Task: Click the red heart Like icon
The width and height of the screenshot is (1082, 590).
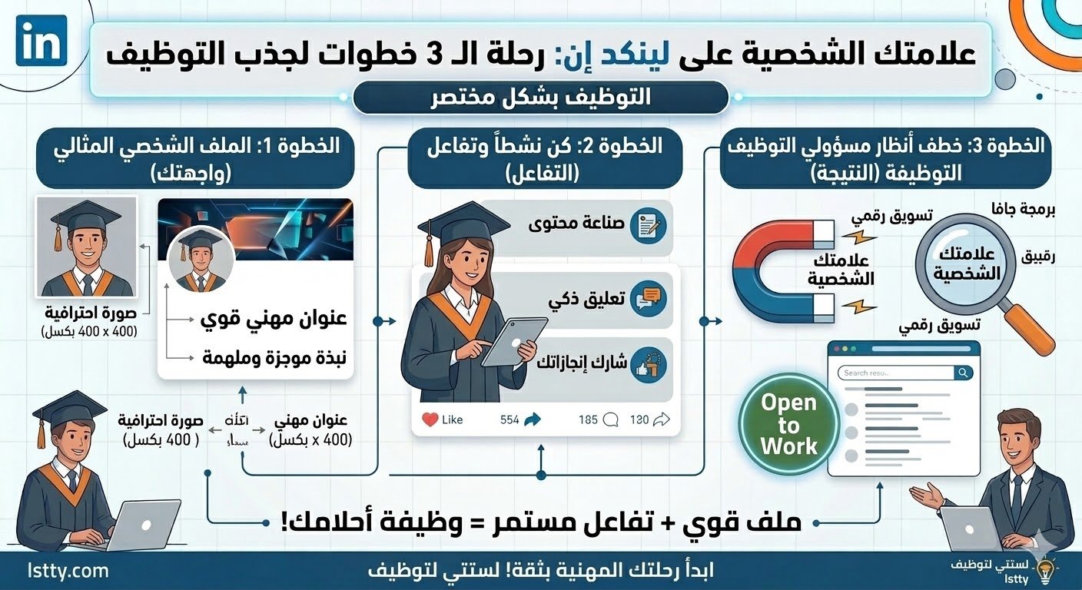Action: [x=430, y=419]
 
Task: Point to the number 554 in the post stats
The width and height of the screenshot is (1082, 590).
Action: [x=509, y=419]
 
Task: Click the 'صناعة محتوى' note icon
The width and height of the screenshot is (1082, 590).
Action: [x=646, y=226]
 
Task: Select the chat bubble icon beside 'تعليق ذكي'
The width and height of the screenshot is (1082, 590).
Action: [x=646, y=299]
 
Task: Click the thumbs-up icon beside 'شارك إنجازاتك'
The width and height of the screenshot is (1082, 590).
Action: [x=646, y=365]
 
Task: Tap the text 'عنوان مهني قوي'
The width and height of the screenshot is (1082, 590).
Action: [x=274, y=318]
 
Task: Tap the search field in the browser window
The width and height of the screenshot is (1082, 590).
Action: [x=895, y=373]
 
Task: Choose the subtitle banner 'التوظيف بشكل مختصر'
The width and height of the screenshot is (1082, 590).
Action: [x=540, y=98]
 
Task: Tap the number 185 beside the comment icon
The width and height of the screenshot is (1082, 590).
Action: [x=588, y=419]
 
